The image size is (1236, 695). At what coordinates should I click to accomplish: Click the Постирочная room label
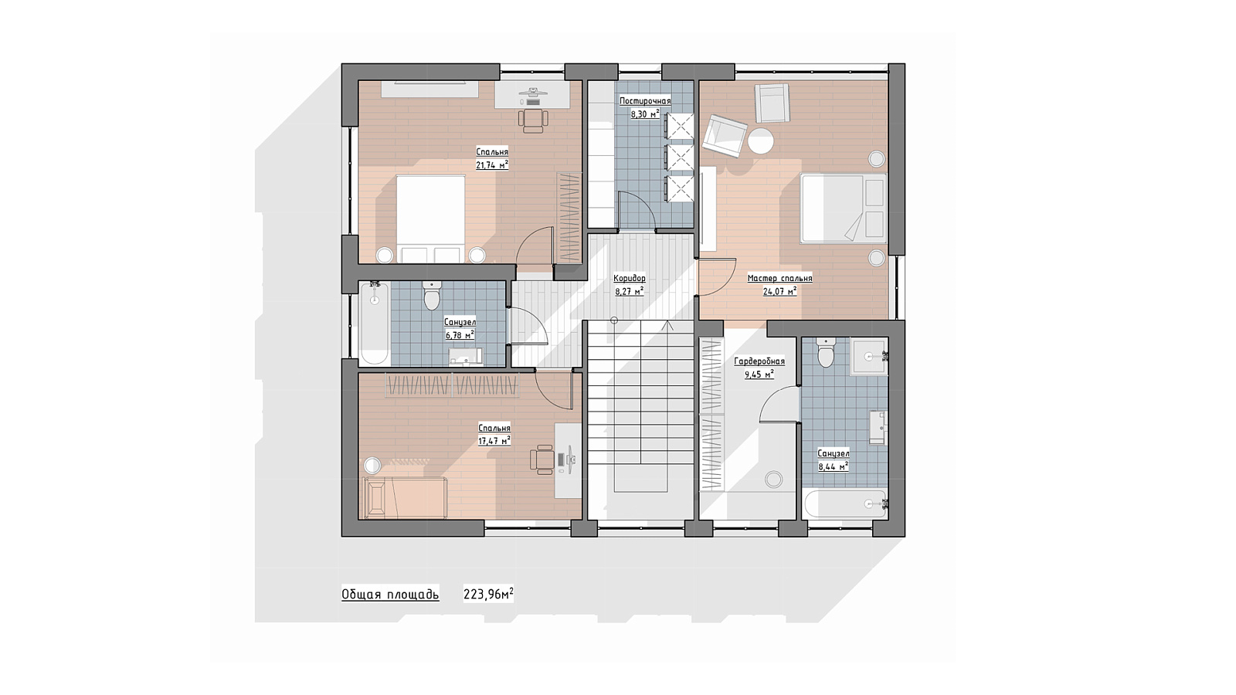[x=645, y=101]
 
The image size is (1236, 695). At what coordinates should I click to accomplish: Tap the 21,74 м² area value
[x=492, y=164]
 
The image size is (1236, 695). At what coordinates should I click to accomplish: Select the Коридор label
[x=630, y=279]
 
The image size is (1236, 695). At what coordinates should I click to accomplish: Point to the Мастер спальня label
[x=779, y=279]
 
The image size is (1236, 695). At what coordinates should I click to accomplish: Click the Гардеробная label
[x=759, y=362]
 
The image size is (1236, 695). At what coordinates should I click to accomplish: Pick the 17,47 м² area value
[x=494, y=440]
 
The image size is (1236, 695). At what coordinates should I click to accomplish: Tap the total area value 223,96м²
[x=488, y=594]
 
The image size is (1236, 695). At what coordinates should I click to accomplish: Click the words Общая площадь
[x=390, y=595]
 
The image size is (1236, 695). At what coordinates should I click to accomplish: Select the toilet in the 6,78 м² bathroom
[x=432, y=297]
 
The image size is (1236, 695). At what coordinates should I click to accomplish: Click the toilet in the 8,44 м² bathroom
[x=826, y=352]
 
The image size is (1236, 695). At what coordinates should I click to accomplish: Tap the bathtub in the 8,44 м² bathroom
[x=845, y=503]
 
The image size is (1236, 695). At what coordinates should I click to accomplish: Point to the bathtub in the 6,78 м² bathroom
[x=375, y=324]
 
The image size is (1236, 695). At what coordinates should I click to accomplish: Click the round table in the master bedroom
[x=761, y=141]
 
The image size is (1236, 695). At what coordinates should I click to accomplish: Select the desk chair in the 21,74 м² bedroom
[x=533, y=120]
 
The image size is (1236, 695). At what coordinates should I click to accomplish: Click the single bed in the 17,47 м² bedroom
[x=405, y=498]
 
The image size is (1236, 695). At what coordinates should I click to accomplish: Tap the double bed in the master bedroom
[x=843, y=208]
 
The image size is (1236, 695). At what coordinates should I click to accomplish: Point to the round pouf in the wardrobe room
[x=773, y=479]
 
